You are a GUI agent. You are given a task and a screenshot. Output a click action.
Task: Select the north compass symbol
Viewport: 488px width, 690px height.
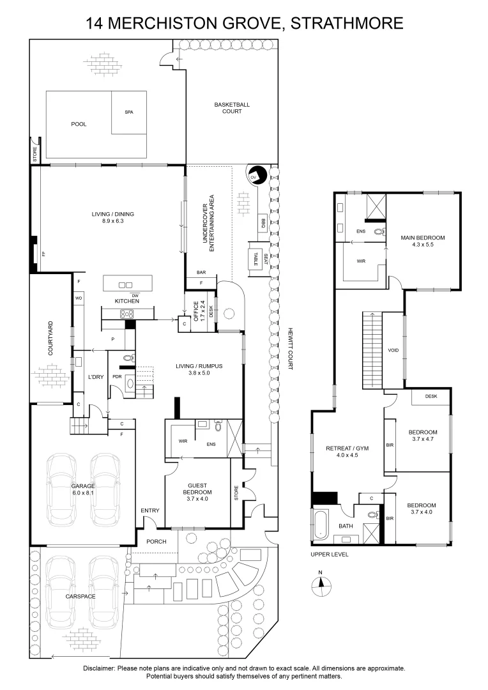click(321, 582)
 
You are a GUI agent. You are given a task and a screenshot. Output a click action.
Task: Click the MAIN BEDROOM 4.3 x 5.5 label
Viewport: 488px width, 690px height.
click(422, 241)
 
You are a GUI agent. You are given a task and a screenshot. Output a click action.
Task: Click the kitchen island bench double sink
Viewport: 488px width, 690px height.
click(126, 285)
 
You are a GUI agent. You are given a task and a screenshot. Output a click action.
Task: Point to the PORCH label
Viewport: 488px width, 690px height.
click(156, 541)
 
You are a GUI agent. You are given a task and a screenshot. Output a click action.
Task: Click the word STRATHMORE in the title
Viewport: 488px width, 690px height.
click(347, 24)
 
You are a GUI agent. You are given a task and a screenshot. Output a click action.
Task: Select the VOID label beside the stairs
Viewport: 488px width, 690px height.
click(393, 351)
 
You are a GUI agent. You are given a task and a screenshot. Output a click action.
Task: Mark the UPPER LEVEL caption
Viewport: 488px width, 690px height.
click(330, 555)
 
